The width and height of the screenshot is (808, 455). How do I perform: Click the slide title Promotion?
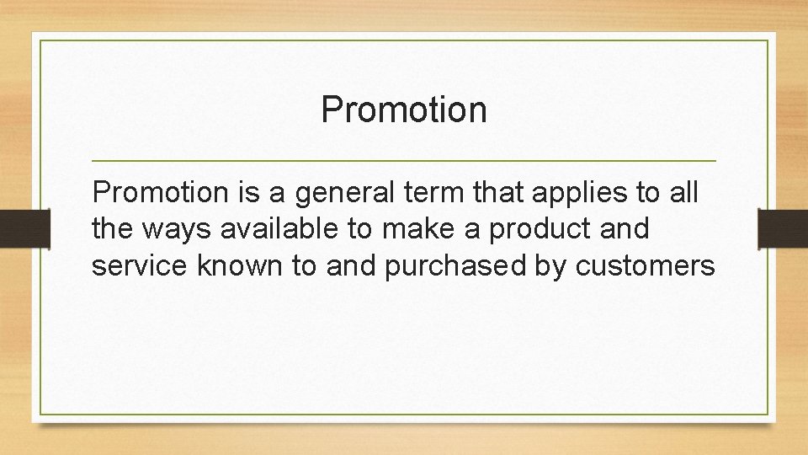(404, 110)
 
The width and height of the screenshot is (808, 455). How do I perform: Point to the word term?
(414, 193)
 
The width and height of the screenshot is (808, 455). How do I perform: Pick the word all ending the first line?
(683, 193)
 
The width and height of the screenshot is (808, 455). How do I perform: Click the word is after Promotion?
(247, 193)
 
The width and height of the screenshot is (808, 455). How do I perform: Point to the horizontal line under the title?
(404, 160)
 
